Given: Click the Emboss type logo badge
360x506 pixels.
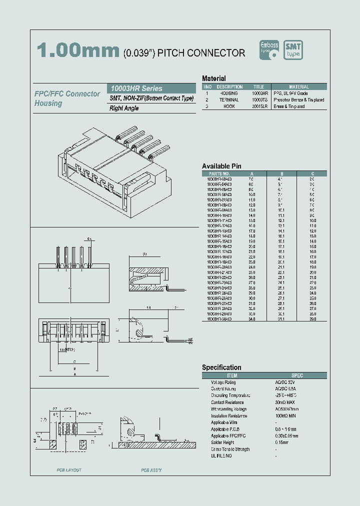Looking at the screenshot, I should (269, 49).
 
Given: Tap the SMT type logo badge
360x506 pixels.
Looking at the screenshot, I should (293, 49).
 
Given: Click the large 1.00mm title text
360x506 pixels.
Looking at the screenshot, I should (77, 51).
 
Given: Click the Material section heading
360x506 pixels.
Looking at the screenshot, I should (213, 78).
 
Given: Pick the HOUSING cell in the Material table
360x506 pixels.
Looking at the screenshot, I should (228, 93).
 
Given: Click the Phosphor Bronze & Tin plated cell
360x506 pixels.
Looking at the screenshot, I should (298, 100).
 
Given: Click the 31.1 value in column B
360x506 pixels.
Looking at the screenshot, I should (281, 319).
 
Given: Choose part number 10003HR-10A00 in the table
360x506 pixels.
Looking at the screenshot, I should (219, 215).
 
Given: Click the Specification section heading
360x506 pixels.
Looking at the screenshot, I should (221, 367).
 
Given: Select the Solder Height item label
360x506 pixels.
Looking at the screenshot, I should (223, 442).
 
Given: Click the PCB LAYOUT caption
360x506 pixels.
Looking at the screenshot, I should (69, 470).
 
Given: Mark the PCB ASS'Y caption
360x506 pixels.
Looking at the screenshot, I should (151, 470).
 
